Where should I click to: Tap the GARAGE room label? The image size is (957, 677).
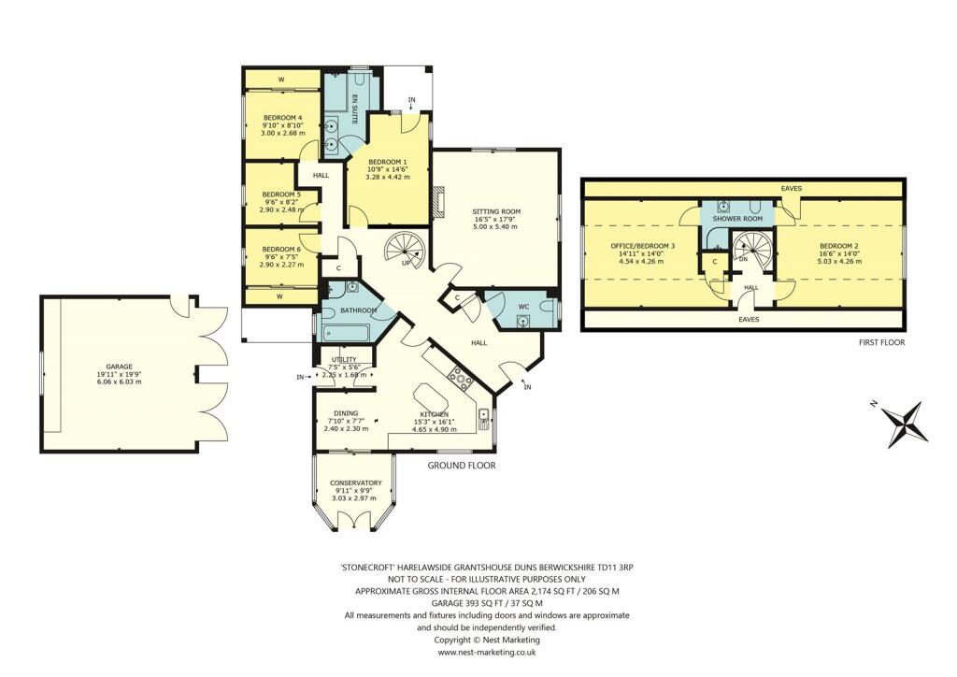[x=119, y=367]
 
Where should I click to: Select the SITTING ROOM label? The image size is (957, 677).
[x=496, y=212]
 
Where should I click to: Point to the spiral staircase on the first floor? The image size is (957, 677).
[x=752, y=251]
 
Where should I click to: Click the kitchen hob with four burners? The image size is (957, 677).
[x=460, y=380]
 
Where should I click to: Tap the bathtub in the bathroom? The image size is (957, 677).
[x=346, y=333]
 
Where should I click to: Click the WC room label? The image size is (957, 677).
[x=523, y=306]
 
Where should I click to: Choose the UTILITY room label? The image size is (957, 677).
[x=344, y=360]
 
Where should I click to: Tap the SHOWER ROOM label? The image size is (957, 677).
[x=737, y=219]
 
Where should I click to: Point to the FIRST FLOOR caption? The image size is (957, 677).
[x=880, y=342]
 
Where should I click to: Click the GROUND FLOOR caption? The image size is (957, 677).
[x=462, y=466]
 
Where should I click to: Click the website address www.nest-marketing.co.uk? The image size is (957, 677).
[x=486, y=653]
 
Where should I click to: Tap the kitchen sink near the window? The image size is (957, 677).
[x=484, y=416]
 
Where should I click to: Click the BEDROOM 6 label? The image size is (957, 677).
[x=281, y=249]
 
